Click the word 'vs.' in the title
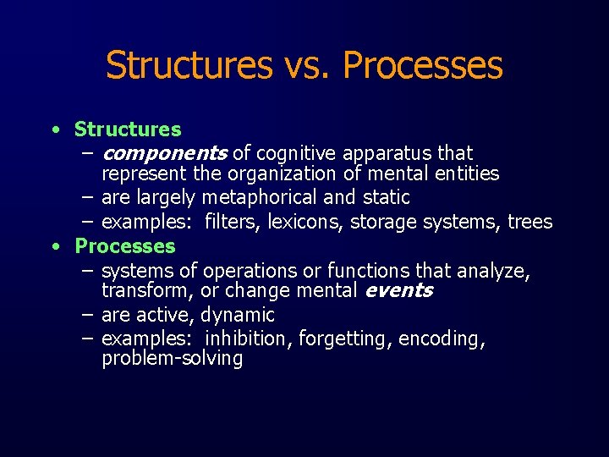coord(307,66)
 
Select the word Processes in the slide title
coord(423,66)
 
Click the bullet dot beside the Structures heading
coord(54,129)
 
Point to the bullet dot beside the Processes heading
coord(54,246)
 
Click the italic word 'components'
coord(163,153)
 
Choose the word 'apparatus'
coord(387,153)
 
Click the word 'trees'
coord(529,223)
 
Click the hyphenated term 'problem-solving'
coord(172,359)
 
